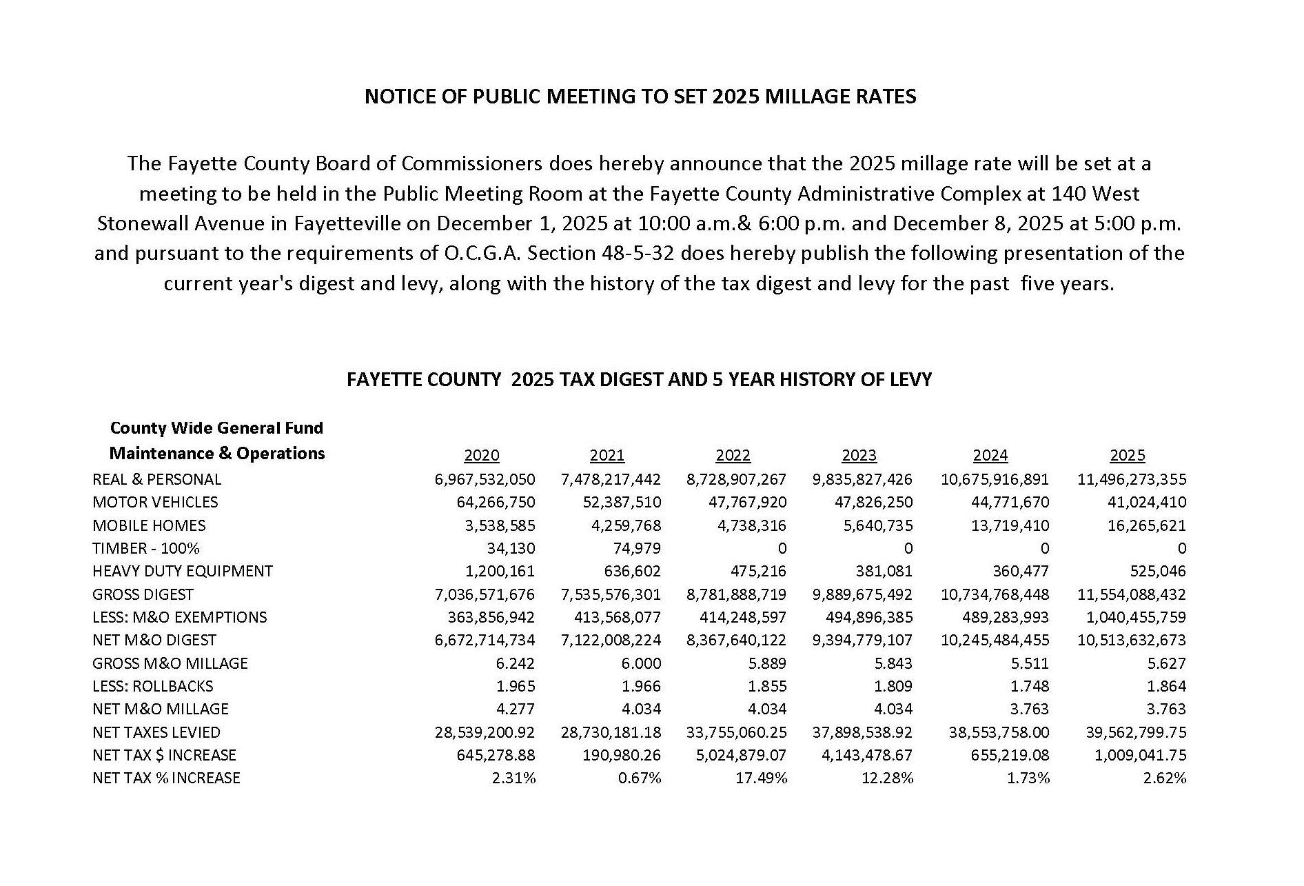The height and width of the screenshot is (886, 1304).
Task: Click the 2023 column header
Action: [859, 456]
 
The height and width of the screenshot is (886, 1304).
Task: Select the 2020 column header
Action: [482, 456]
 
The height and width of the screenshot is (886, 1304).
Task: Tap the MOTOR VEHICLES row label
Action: [155, 502]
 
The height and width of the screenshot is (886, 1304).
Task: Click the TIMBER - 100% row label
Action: [146, 548]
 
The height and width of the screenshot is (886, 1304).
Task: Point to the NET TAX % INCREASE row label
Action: [166, 778]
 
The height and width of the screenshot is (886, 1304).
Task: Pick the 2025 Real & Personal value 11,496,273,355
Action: [1132, 479]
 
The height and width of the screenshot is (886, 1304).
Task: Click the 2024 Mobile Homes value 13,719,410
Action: [1010, 525]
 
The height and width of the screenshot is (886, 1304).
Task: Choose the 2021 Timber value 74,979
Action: [635, 548]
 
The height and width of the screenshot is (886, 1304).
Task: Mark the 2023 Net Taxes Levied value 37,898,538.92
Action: [862, 732]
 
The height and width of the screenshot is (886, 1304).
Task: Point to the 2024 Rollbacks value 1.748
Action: [1032, 686]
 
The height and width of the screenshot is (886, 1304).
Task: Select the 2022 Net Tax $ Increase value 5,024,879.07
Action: [741, 755]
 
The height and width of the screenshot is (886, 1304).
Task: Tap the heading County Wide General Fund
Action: [216, 428]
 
